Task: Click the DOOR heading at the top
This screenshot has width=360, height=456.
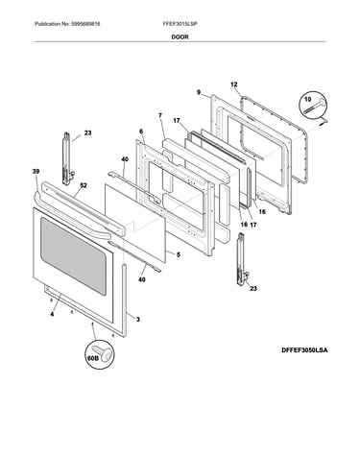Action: tap(180, 36)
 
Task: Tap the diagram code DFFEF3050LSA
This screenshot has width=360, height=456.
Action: tap(304, 350)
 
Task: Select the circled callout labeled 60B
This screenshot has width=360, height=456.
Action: tap(100, 354)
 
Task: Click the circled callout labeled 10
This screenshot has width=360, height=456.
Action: tap(313, 105)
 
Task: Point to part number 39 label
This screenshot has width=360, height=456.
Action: tap(36, 172)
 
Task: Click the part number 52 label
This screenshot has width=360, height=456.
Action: tap(84, 185)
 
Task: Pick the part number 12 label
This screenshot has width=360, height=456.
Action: tap(234, 84)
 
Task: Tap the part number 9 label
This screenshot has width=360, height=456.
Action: tap(199, 92)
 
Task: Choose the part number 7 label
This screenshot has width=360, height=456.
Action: tap(160, 115)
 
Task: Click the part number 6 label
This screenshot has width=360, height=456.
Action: tap(141, 132)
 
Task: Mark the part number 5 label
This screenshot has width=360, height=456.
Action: tap(179, 254)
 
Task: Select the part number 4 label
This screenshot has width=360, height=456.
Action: tap(52, 314)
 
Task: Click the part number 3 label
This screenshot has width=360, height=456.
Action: tap(138, 319)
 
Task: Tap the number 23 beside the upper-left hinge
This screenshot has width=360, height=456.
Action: tap(87, 132)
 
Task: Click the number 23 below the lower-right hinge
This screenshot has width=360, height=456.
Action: tap(253, 289)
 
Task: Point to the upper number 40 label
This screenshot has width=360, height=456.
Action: tap(125, 159)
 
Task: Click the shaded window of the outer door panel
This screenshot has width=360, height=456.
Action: tap(73, 255)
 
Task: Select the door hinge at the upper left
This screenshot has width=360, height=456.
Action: tap(67, 158)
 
